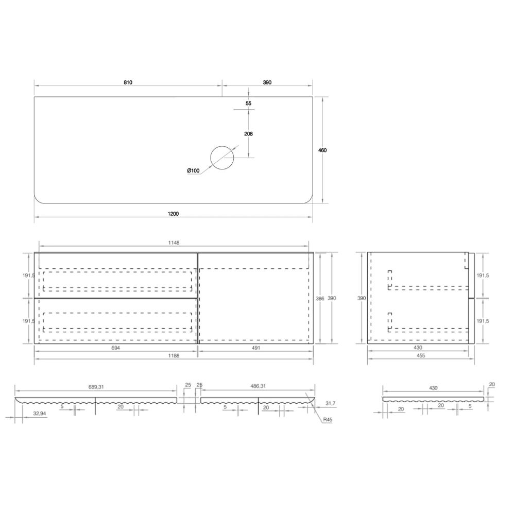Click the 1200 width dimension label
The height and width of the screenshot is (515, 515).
click(173, 214)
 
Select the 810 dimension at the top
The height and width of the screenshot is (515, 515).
click(128, 82)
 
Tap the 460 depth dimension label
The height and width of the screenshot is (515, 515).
click(322, 150)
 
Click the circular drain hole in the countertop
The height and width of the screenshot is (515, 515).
click(222, 158)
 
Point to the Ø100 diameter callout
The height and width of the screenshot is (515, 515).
click(193, 170)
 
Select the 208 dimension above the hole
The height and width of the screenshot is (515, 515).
click(248, 134)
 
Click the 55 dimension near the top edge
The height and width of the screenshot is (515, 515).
click(248, 103)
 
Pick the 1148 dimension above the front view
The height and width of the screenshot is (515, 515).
click(174, 243)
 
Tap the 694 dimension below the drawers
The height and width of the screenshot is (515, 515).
click(115, 348)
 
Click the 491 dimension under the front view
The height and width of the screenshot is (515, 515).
click(255, 348)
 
